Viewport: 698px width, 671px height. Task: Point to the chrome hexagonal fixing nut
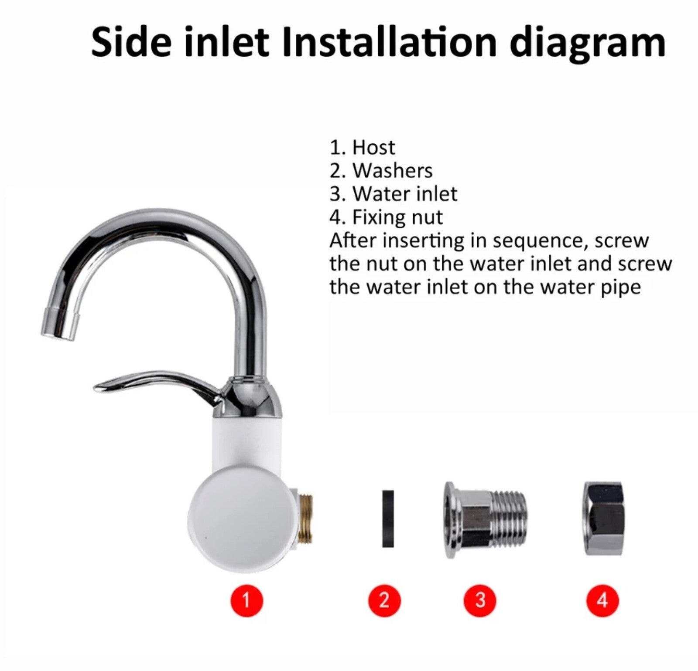(603, 518)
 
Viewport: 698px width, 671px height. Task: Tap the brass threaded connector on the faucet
(305, 518)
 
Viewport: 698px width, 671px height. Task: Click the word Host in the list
(373, 147)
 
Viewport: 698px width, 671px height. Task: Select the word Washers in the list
(393, 170)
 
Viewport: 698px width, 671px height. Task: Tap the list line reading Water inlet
(393, 193)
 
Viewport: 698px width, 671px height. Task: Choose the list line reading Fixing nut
(387, 217)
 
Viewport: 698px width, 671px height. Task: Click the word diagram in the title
(588, 44)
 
